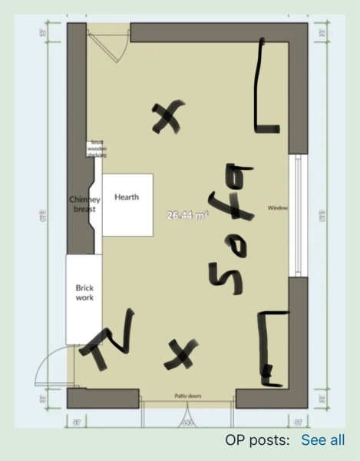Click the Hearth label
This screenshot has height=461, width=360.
click(127, 197)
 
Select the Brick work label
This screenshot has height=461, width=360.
click(84, 293)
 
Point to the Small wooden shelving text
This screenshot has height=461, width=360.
click(97, 148)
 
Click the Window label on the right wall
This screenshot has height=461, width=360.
click(277, 208)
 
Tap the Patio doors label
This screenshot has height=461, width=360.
click(187, 396)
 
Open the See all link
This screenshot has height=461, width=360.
click(322, 440)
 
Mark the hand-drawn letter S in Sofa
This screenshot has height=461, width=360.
click(224, 280)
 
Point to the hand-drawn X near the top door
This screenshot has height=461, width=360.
click(168, 117)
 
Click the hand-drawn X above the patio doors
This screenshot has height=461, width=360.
click(179, 353)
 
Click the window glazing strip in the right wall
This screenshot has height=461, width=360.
click(299, 216)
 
